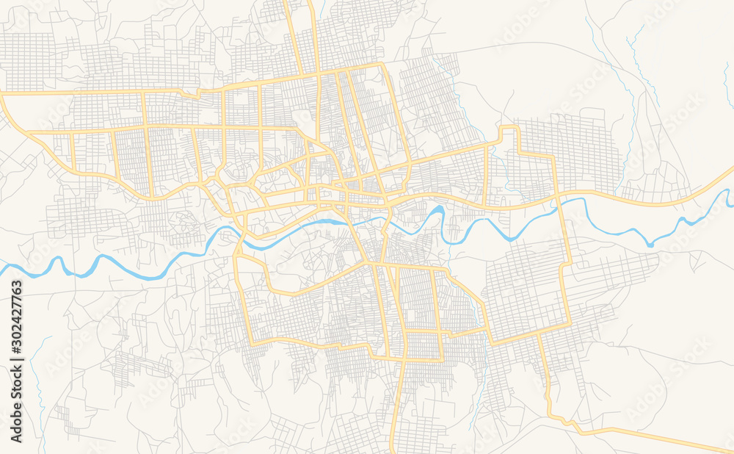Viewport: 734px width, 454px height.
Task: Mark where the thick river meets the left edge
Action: click(2, 270)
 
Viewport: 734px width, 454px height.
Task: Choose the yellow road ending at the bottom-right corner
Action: click(727, 450)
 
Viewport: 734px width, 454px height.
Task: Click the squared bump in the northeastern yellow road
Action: click(509, 133)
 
